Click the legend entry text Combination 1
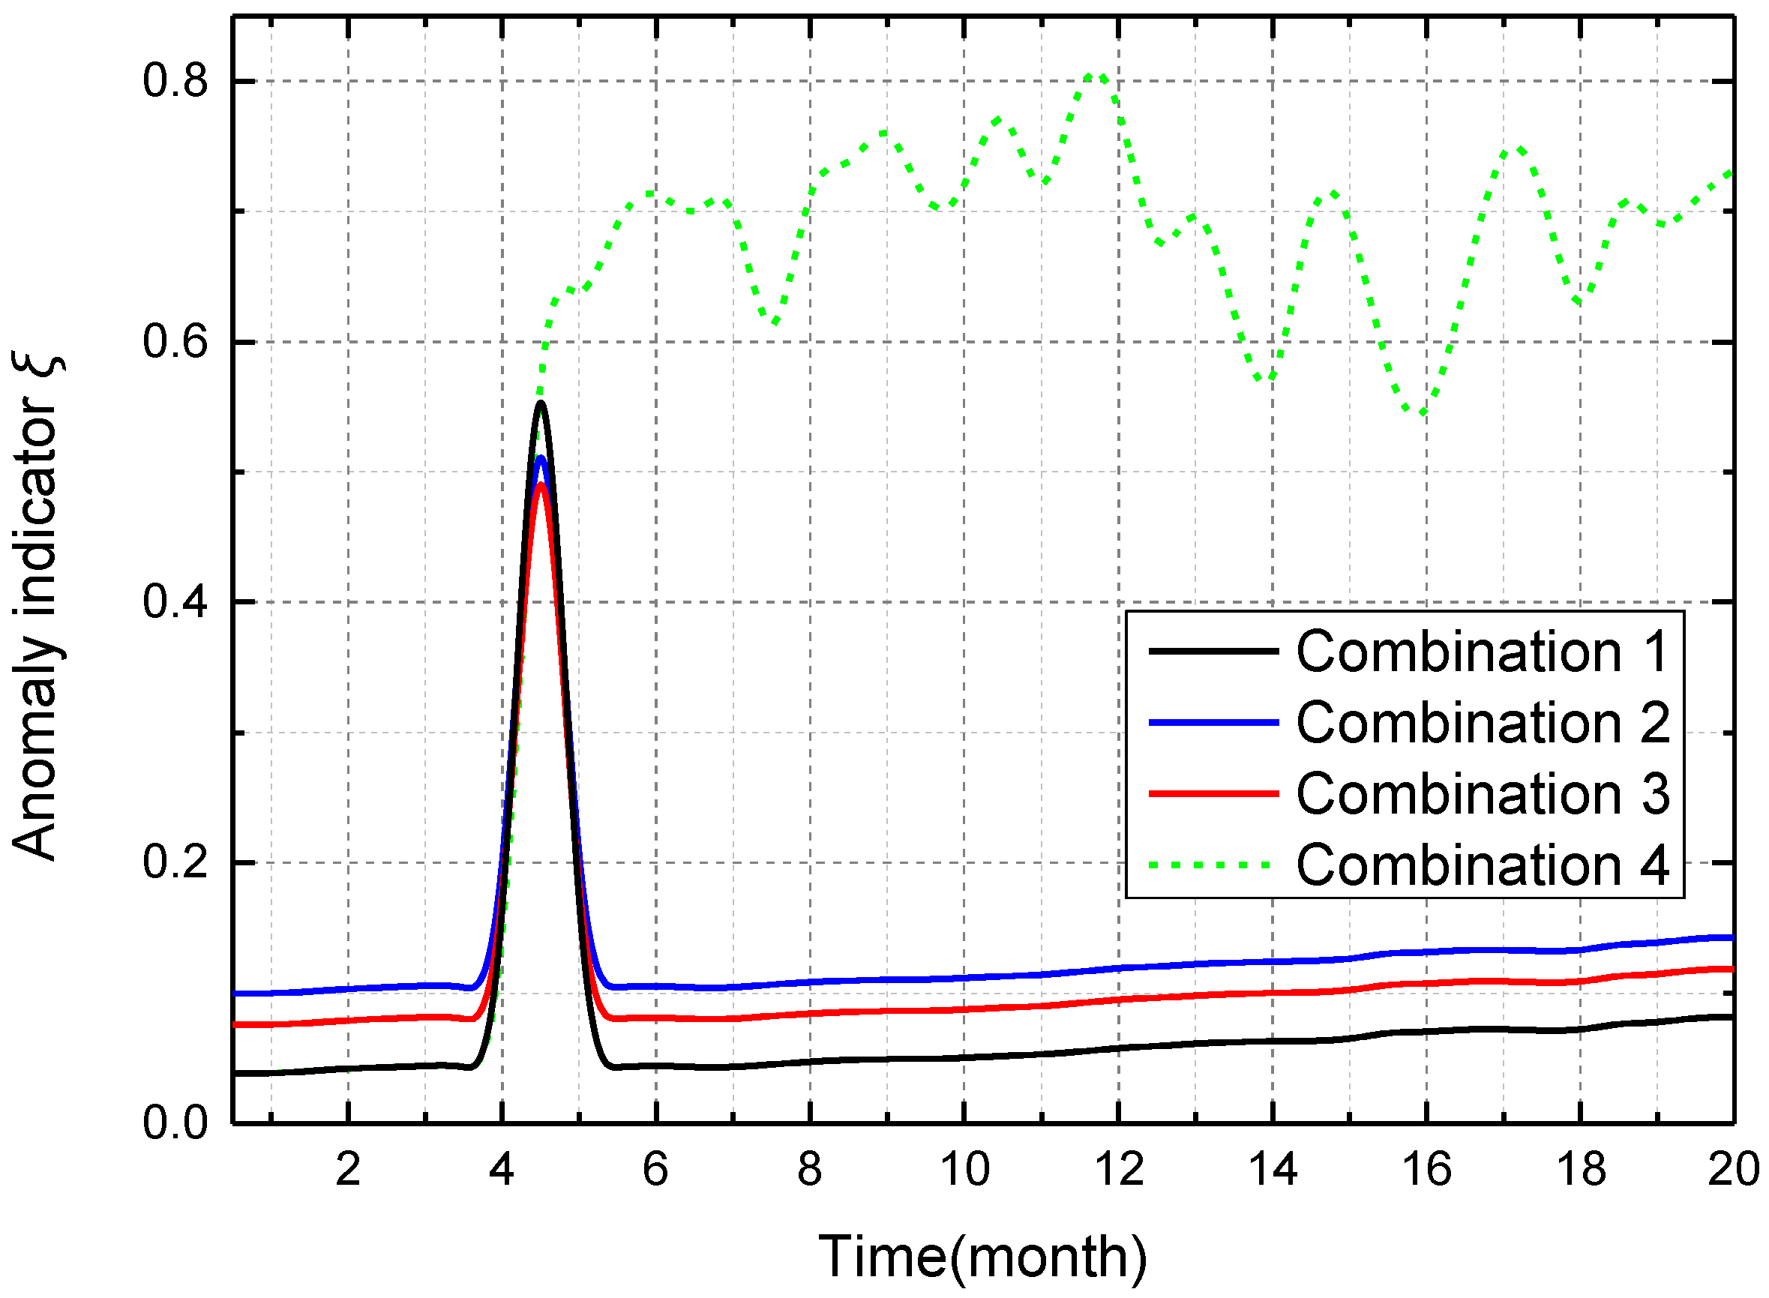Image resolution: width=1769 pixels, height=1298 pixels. [x=1483, y=652]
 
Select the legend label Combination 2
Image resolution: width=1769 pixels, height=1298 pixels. [x=1483, y=723]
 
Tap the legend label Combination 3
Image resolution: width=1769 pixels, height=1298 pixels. [x=1483, y=793]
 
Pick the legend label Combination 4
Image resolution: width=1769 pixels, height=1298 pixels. [x=1483, y=865]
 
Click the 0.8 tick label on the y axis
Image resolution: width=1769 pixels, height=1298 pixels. [x=175, y=81]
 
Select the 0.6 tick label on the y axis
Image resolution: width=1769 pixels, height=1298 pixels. [x=175, y=342]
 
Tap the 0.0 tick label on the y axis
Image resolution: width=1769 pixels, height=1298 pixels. [x=175, y=1123]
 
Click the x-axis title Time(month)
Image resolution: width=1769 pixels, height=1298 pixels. [x=982, y=1256]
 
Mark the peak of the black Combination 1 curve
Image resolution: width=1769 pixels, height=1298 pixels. [x=541, y=404]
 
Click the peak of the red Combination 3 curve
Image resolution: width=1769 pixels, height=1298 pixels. [x=541, y=486]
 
